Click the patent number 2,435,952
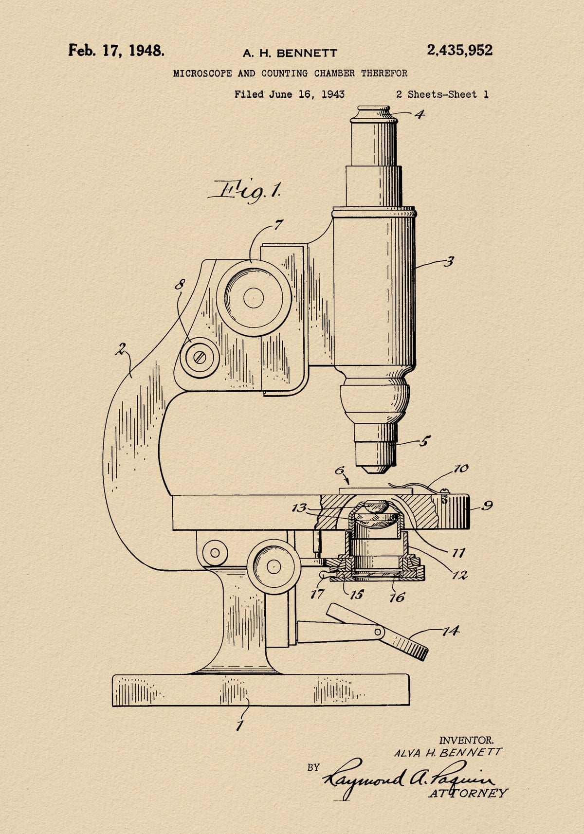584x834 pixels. click(x=459, y=50)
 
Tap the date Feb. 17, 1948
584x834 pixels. click(x=116, y=50)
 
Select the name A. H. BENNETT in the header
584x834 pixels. click(x=290, y=53)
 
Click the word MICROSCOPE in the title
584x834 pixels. click(x=202, y=73)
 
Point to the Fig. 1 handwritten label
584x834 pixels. click(x=244, y=191)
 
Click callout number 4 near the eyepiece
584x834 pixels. click(x=420, y=114)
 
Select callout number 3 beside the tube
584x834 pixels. click(x=449, y=262)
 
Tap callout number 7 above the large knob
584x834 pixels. click(x=278, y=224)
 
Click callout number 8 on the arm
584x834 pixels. click(x=180, y=285)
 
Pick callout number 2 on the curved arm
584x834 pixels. click(x=121, y=349)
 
